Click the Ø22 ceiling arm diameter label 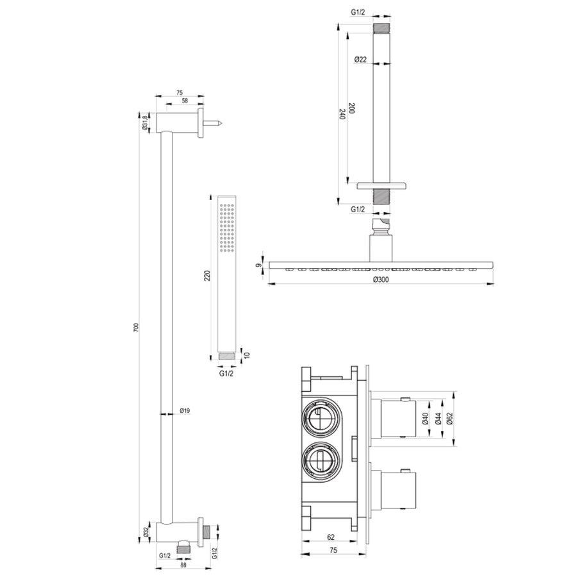tap(360, 59)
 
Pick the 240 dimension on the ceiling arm tap(342, 114)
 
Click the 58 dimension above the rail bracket tap(185, 101)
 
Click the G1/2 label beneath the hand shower tap(226, 370)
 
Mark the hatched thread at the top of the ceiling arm tap(383, 29)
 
